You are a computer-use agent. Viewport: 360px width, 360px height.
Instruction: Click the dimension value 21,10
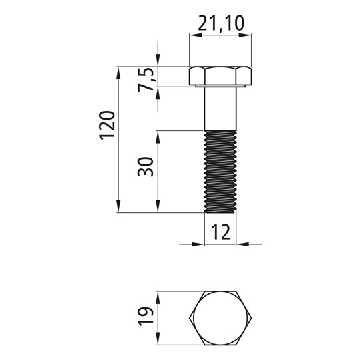pos(221,23)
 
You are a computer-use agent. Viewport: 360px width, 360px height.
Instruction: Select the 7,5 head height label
pos(147,79)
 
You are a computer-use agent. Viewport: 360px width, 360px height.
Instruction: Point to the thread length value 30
pos(145,166)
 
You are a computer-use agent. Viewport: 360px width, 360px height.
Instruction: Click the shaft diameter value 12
pos(220,232)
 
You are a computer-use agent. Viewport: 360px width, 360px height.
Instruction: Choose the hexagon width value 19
pos(145,316)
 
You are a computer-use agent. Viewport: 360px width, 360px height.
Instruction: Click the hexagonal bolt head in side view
pos(220,76)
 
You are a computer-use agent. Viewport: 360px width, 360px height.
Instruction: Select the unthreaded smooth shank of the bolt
pos(220,108)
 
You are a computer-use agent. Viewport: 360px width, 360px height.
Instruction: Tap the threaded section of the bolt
pos(220,172)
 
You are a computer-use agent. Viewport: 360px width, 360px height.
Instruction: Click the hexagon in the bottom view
pos(220,318)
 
